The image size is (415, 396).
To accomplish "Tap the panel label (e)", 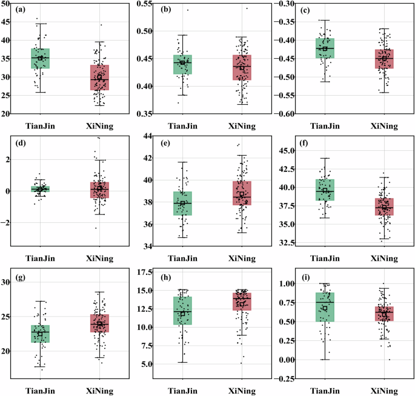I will (164, 147).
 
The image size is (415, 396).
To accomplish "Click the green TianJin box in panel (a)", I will (40, 58).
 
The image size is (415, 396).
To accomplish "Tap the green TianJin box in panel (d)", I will (40, 189).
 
